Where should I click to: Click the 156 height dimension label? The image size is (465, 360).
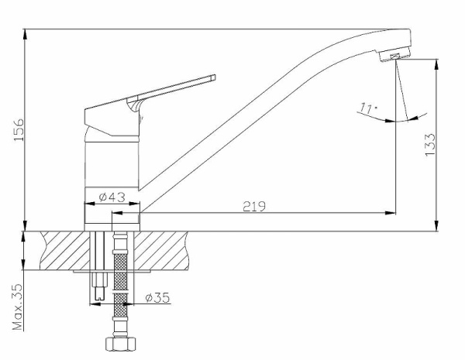19,130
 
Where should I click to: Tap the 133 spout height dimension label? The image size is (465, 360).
430,145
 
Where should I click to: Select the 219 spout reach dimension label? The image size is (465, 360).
254,206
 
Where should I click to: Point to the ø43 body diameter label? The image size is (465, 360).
112,197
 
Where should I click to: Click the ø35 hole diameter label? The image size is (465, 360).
158,297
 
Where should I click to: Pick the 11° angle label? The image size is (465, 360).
368,108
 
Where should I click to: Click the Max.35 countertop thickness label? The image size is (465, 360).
18,307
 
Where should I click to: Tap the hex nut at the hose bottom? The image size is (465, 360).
122,344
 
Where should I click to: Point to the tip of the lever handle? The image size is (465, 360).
213,78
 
